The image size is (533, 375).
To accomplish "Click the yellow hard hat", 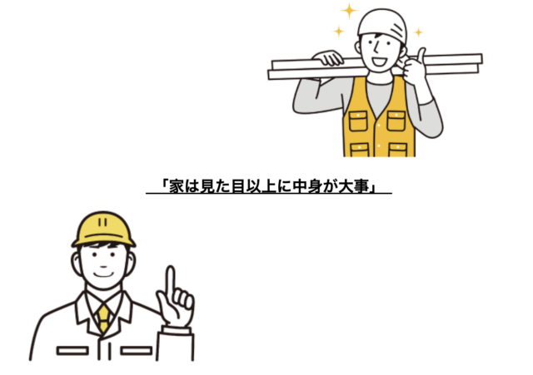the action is coord(103,229).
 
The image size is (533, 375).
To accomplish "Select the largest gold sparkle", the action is coord(349,11).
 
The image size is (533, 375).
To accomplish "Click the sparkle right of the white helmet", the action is coord(418,32).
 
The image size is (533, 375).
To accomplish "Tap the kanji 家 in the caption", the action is coord(177,186).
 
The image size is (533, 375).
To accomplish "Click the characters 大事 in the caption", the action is coord(354,186).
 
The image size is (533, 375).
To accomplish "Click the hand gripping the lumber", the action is coord(328,57).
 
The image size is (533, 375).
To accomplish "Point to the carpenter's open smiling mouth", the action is coord(379,62).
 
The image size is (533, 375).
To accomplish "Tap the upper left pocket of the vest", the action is coord(358,121).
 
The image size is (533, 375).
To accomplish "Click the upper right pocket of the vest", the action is coord(396,121).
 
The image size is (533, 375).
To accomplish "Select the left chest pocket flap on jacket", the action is coord(72,351).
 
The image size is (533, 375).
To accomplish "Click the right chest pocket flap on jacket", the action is coord(136,351).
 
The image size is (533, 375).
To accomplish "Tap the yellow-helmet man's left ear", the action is coord(76,263).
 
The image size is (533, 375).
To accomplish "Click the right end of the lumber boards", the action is coord(481,63).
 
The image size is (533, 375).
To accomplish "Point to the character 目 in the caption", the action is coord(238,186).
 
